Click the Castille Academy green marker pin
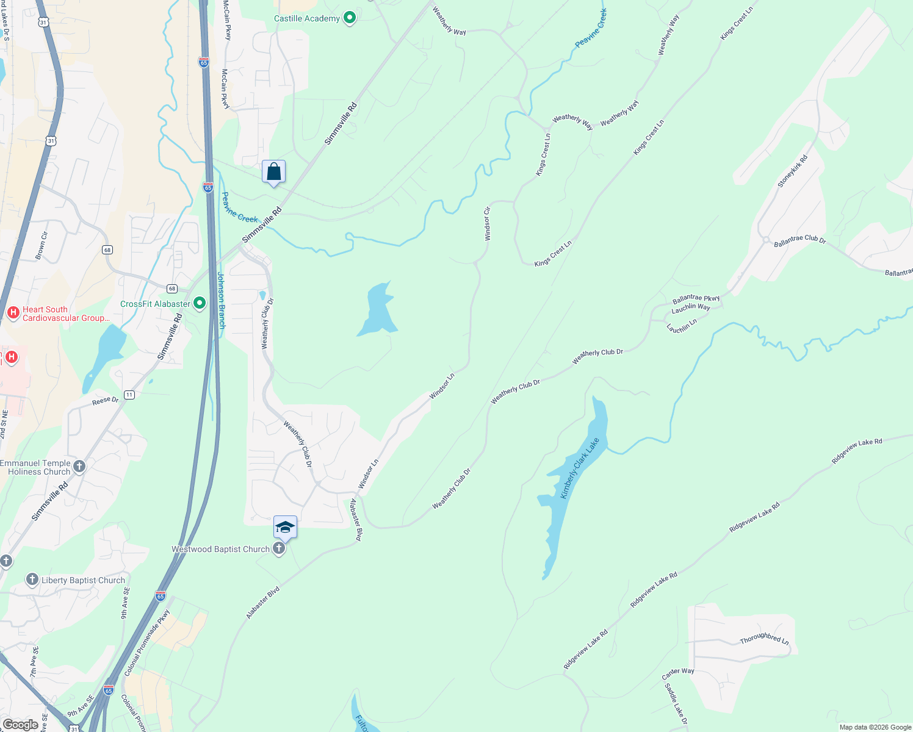click(x=350, y=18)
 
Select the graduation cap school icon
click(x=285, y=527)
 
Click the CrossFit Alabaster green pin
click(x=200, y=303)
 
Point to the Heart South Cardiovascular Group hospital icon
click(x=13, y=313)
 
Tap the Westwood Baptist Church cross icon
click(x=279, y=548)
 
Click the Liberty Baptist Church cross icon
click(x=32, y=579)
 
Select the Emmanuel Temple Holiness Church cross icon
click(x=80, y=467)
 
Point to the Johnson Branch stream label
click(x=222, y=300)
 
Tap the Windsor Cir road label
click(x=487, y=223)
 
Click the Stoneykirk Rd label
click(x=792, y=171)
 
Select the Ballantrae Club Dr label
click(x=799, y=240)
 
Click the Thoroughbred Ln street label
click(x=764, y=638)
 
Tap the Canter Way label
click(x=678, y=673)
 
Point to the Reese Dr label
click(x=106, y=401)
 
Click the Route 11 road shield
click(x=129, y=395)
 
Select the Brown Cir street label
click(x=41, y=245)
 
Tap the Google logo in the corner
click(x=20, y=724)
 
